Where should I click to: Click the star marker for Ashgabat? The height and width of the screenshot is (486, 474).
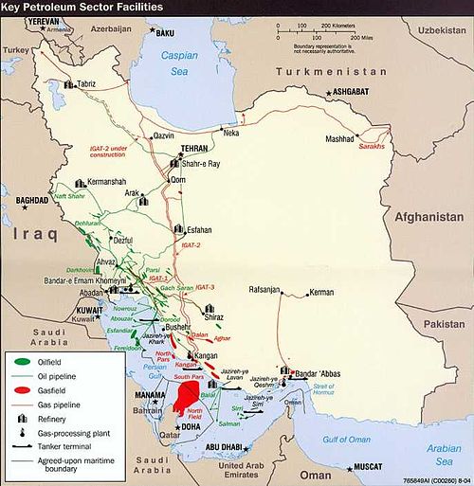pos(329,91)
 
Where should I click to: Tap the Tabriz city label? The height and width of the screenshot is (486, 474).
pos(86,83)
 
